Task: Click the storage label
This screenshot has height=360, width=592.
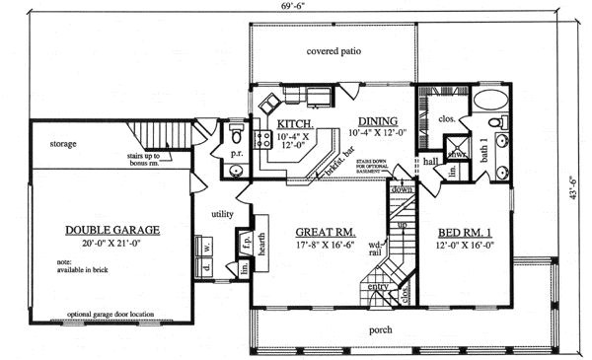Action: pyautogui.click(x=64, y=144)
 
